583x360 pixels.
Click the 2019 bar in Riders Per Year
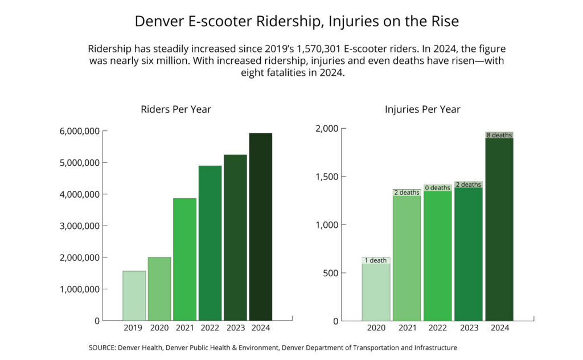(x=134, y=296)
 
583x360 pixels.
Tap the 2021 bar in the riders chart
(x=184, y=259)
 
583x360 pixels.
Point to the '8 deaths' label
(x=499, y=135)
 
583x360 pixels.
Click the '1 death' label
(x=376, y=260)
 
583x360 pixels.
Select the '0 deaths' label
(x=437, y=187)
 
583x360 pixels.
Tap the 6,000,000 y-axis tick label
(x=80, y=131)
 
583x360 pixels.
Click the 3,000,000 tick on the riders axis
(x=80, y=226)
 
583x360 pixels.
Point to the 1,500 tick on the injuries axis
(x=327, y=177)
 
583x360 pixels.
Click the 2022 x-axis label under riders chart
(x=210, y=328)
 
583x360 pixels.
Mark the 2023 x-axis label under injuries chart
(x=468, y=328)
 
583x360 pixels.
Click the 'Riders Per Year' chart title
(x=176, y=109)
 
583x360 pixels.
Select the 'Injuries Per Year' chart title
(x=422, y=109)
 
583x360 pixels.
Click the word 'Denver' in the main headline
(x=157, y=22)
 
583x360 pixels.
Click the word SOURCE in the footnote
(x=101, y=347)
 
